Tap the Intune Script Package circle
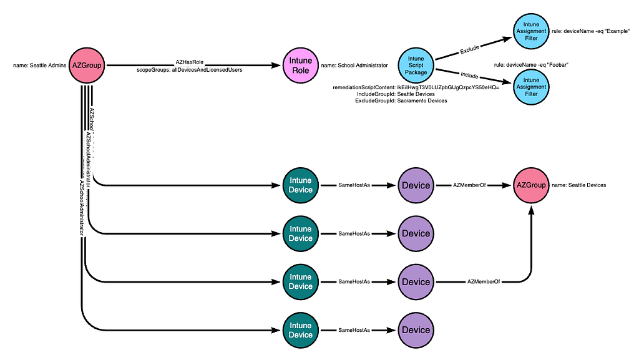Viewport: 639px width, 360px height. coord(416,65)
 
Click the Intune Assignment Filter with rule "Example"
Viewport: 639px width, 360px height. coord(531,27)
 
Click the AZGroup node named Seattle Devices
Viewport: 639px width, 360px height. coord(531,185)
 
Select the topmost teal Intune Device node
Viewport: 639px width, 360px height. coord(300,185)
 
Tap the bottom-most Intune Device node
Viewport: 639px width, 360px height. coord(300,330)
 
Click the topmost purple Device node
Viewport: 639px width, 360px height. coord(416,185)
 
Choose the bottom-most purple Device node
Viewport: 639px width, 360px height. coord(416,330)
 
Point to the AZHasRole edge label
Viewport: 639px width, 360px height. coord(190,62)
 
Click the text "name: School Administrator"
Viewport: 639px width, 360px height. coord(354,66)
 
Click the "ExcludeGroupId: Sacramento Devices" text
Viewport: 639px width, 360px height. coord(401,100)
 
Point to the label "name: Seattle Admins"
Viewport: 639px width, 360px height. coord(39,66)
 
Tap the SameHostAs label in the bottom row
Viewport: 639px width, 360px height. coord(354,330)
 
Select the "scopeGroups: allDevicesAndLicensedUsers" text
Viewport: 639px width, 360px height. coord(190,69)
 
